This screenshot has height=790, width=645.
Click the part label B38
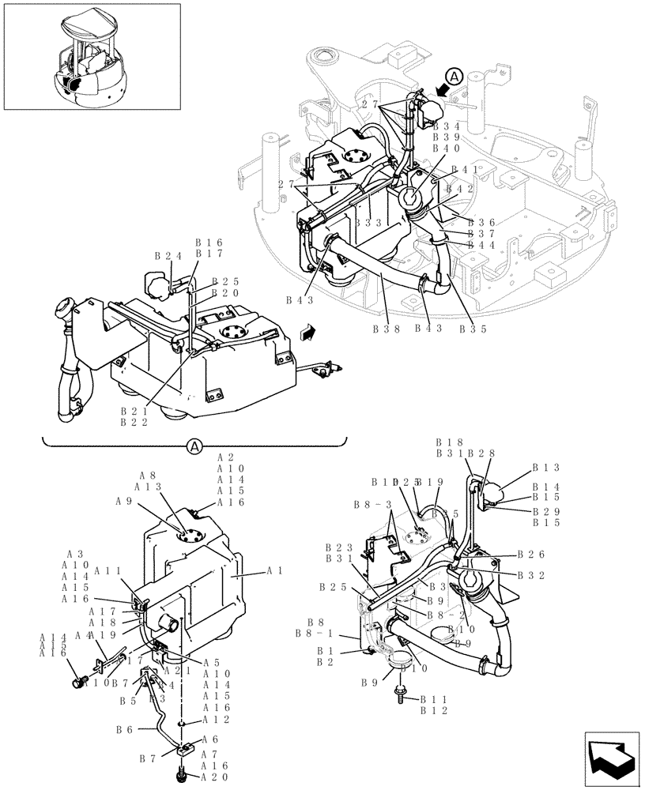tap(386, 329)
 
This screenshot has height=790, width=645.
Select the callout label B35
tap(472, 329)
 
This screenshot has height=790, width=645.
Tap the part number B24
tap(168, 256)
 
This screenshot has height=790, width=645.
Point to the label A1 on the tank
tap(276, 570)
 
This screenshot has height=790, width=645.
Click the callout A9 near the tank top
tap(123, 501)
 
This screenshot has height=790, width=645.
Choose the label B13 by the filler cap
tap(545, 467)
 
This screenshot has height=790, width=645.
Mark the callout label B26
tap(531, 555)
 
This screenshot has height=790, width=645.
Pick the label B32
tap(531, 576)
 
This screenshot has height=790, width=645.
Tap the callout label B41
tap(465, 170)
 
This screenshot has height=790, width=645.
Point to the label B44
tap(481, 245)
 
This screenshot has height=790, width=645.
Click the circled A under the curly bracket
tap(194, 447)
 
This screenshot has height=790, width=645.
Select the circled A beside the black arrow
tap(454, 76)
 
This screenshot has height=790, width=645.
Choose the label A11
tap(107, 570)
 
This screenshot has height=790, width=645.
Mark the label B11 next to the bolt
tap(432, 699)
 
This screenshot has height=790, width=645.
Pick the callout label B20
tap(224, 292)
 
